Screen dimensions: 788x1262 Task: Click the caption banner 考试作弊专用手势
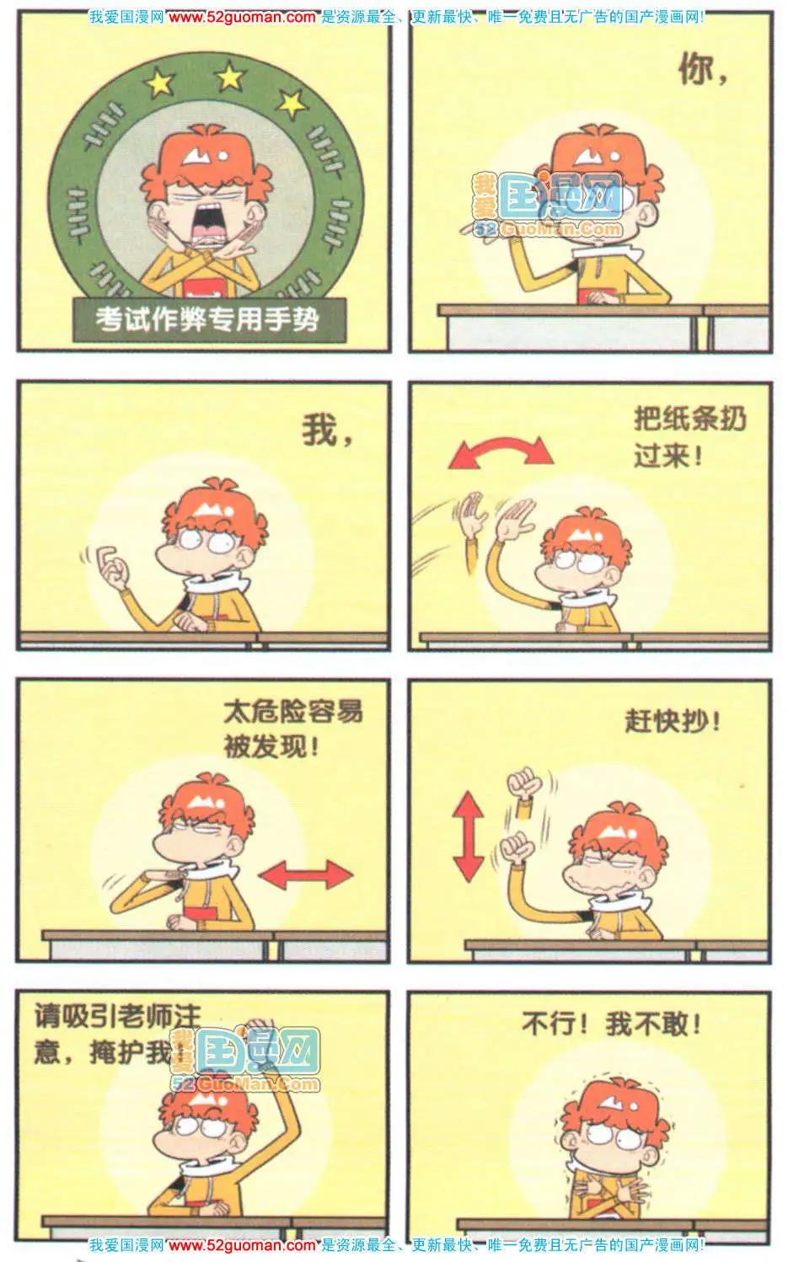pos(209,319)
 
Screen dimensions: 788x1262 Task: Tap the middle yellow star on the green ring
pos(230,76)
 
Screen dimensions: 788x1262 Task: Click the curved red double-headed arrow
pos(500,451)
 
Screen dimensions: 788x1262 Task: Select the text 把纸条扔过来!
pos(689,436)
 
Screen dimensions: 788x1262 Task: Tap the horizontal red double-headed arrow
pos(305,875)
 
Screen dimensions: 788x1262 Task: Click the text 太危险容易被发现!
pos(292,729)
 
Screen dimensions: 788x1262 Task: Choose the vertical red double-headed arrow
pos(469,836)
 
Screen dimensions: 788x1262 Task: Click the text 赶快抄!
pos(673,720)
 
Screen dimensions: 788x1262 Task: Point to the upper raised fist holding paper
pos(524,784)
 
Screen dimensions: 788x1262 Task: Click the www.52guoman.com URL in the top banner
pos(243,17)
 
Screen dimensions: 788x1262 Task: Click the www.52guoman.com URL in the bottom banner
pos(243,1244)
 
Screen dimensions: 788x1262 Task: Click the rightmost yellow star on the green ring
pos(292,103)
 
